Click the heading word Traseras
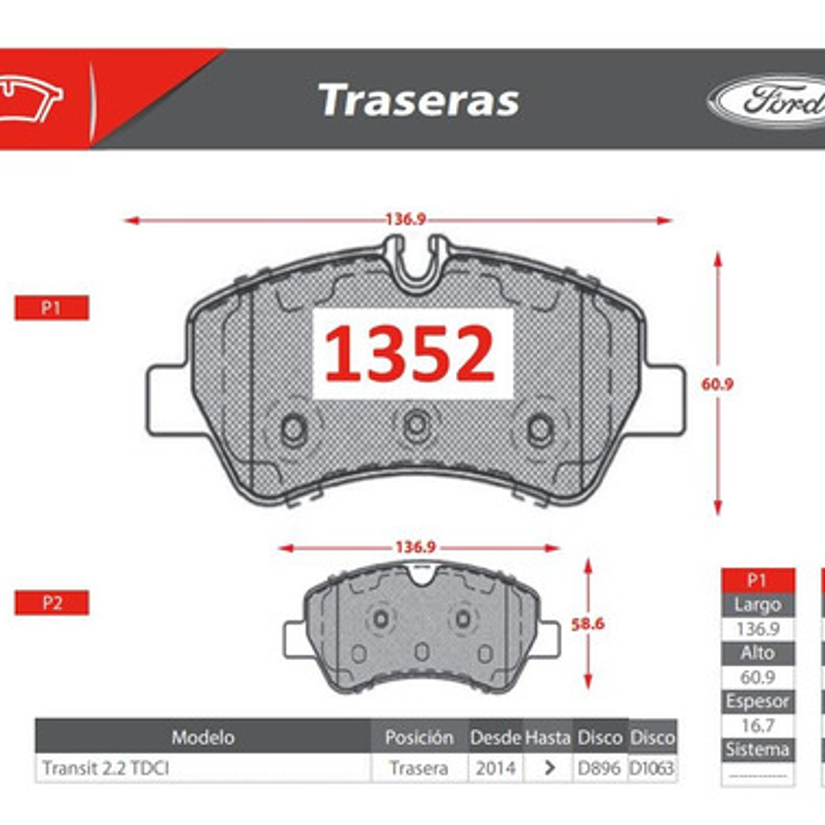419,100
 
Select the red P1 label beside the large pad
51,308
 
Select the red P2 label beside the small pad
51,603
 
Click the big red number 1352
410,354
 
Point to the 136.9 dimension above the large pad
405,219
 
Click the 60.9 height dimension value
716,384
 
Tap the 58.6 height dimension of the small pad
587,624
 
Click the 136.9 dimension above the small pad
415,547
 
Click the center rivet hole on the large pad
417,425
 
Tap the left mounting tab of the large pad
166,400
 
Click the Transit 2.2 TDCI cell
106,768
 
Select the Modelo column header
203,737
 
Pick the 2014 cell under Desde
495,768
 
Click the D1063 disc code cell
652,768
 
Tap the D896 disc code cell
599,768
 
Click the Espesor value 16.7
757,726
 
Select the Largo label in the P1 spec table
757,605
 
